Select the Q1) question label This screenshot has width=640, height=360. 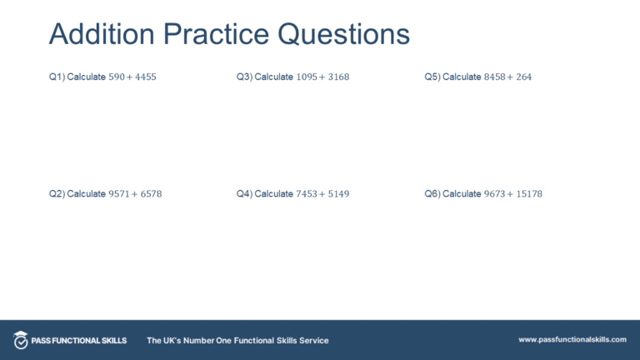[x=56, y=77]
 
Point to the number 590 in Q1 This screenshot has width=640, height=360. [x=117, y=77]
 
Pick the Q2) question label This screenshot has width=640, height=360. [x=56, y=194]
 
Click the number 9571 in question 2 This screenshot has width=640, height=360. [x=119, y=194]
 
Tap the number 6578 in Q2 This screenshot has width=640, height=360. [x=150, y=194]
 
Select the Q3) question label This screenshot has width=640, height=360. [x=244, y=77]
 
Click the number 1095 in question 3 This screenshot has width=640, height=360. [x=307, y=77]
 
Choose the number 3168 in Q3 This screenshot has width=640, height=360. [x=337, y=77]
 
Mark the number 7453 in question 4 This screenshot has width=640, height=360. [x=307, y=194]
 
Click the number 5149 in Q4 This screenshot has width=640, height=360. [x=337, y=194]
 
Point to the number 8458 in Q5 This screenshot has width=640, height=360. [x=495, y=77]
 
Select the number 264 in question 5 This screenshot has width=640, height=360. [x=522, y=77]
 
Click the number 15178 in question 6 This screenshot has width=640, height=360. [x=527, y=194]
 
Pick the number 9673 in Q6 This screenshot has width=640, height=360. [x=495, y=194]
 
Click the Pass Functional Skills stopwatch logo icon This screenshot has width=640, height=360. [x=21, y=340]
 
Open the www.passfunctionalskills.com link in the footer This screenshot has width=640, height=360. [x=572, y=340]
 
